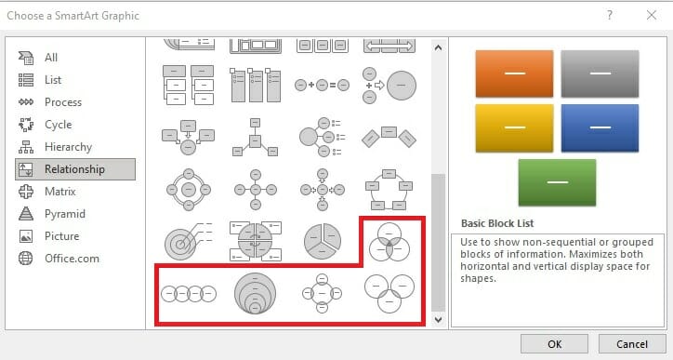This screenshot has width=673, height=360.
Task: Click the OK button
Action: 554,343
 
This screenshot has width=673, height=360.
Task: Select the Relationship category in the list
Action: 75,169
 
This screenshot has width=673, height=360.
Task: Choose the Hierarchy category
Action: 68,147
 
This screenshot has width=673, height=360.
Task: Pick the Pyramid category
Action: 65,214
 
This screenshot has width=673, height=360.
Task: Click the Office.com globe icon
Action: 26,259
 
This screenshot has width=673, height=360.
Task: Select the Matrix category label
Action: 60,192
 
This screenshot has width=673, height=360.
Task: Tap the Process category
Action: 63,102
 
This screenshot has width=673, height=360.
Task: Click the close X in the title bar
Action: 651,16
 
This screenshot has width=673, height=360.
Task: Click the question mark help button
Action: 610,16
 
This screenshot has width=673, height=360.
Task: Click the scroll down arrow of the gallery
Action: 438,319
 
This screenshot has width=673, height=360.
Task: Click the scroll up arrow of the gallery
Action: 438,47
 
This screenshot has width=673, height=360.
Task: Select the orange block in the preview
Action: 514,73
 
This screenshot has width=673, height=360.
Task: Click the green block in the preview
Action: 557,182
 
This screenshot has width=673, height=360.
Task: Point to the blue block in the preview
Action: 600,128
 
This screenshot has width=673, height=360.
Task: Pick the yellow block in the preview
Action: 514,128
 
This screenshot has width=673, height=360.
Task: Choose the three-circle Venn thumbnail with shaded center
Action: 389,242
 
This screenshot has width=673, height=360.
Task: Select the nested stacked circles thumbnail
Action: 255,293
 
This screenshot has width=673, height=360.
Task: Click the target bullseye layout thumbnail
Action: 189,241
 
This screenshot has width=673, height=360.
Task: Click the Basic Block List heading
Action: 497,223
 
